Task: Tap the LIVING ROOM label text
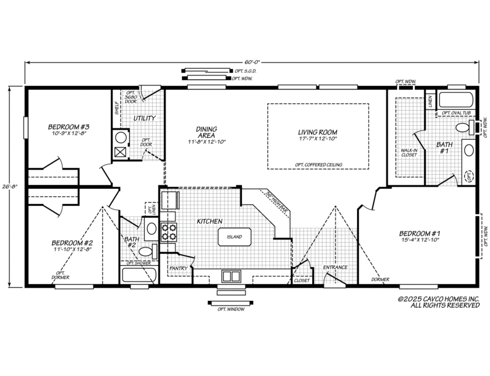coord(318,132)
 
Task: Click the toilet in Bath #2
coord(149,252)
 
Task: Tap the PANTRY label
coord(178,268)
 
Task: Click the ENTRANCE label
coord(335,268)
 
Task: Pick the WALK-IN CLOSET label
coord(408,152)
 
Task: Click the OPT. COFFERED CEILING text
coord(318,165)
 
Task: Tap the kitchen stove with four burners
coord(168,232)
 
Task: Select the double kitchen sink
coord(230,276)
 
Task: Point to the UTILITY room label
coord(144,118)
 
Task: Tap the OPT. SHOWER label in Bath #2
coord(139,263)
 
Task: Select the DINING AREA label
coord(206,132)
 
